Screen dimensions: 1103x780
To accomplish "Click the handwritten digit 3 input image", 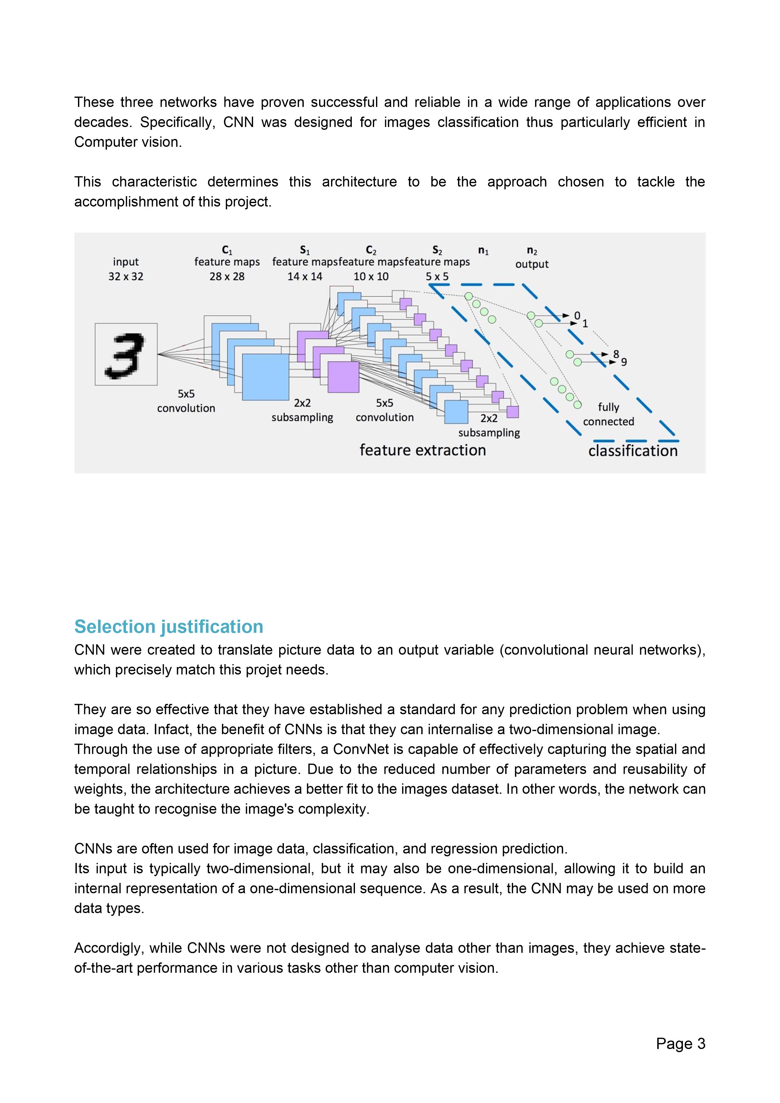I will [126, 354].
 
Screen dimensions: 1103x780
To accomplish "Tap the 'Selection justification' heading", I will [169, 626].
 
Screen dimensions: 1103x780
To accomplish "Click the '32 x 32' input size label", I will [126, 276].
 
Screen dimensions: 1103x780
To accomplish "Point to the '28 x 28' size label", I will [227, 276].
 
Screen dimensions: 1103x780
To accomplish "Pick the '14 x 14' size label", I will [305, 276].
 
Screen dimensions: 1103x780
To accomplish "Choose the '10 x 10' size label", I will [371, 276].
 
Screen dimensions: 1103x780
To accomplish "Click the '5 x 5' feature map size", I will [437, 276].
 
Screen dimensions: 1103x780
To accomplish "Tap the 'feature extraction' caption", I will [423, 450].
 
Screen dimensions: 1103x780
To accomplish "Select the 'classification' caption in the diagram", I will [633, 451].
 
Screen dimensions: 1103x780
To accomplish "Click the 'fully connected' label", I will [608, 414].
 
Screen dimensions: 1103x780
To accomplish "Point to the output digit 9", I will [624, 362].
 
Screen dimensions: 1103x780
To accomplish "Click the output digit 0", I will [577, 316].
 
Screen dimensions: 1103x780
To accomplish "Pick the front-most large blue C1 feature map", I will [265, 377].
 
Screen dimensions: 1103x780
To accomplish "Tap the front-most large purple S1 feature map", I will [344, 377].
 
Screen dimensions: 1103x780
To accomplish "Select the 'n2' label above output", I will [532, 250].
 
